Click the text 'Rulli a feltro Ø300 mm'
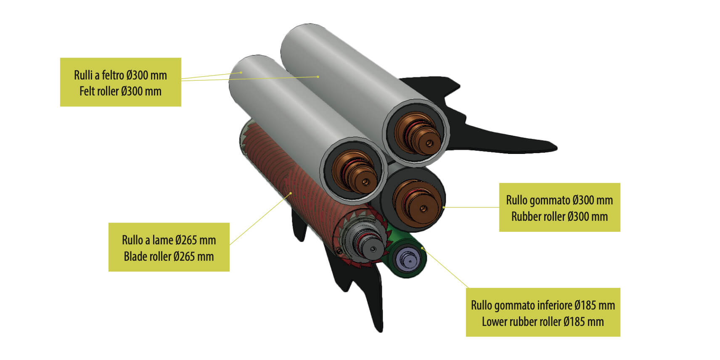pyautogui.click(x=121, y=75)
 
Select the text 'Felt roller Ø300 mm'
pyautogui.click(x=121, y=91)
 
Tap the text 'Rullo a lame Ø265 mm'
pyautogui.click(x=169, y=240)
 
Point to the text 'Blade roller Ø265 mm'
pyautogui.click(x=169, y=257)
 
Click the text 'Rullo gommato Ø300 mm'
pyautogui.click(x=560, y=200)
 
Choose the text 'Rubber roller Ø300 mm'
pyautogui.click(x=560, y=217)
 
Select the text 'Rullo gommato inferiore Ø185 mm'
pyautogui.click(x=543, y=305)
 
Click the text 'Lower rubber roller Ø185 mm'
pyautogui.click(x=543, y=322)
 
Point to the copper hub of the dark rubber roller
pyautogui.click(x=416, y=201)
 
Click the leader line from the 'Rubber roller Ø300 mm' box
pyautogui.click(x=471, y=207)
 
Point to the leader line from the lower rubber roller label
pyautogui.click(x=445, y=267)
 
